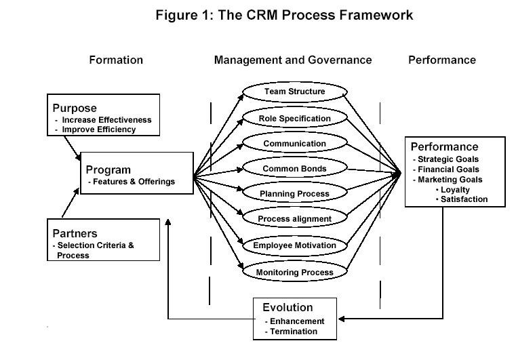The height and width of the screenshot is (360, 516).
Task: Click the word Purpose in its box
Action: pyautogui.click(x=75, y=108)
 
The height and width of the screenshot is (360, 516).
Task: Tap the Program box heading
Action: pyautogui.click(x=108, y=169)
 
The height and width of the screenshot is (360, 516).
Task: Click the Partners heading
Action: pyautogui.click(x=75, y=233)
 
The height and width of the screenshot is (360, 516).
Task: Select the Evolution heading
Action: pyautogui.click(x=287, y=307)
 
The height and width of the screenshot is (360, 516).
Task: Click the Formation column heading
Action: pyautogui.click(x=116, y=60)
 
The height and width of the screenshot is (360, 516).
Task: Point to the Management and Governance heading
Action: pyautogui.click(x=293, y=60)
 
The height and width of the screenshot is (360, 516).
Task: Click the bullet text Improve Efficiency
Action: pyautogui.click(x=99, y=129)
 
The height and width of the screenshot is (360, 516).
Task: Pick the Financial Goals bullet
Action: pyautogui.click(x=448, y=169)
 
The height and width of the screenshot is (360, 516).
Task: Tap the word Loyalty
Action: pyautogui.click(x=455, y=190)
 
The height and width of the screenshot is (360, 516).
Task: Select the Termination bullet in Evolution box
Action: pyautogui.click(x=294, y=332)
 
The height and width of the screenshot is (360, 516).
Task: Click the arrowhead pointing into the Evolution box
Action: pyautogui.click(x=342, y=319)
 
